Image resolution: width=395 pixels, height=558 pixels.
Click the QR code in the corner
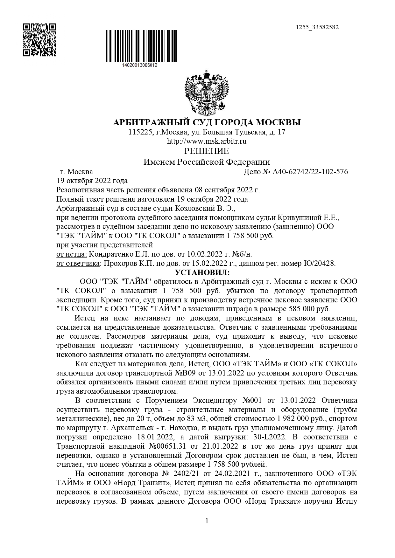click(39, 40)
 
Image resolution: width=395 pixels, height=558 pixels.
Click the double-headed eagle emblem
click(207, 93)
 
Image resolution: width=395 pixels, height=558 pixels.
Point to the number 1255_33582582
click(317, 27)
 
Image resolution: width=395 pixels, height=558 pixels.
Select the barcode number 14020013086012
click(140, 65)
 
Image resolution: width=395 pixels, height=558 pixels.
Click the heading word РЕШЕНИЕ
click(207, 151)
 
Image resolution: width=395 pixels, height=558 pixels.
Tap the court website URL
click(207, 141)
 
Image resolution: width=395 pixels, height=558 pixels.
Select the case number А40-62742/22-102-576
click(310, 172)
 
